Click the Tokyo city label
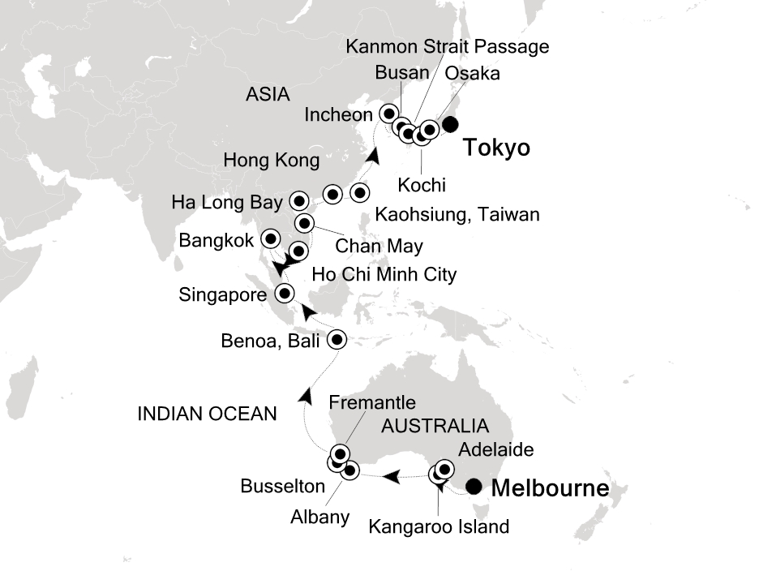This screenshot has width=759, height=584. pyautogui.click(x=496, y=148)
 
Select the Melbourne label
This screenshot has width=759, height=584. pyautogui.click(x=550, y=489)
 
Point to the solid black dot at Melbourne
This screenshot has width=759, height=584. pyautogui.click(x=475, y=487)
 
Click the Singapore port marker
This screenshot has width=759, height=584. pyautogui.click(x=285, y=294)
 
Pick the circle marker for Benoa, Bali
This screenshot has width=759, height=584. pyautogui.click(x=337, y=340)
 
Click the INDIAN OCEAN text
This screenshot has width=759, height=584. pyautogui.click(x=207, y=414)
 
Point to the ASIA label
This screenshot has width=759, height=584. pyautogui.click(x=267, y=95)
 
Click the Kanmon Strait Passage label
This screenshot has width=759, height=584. pyautogui.click(x=447, y=46)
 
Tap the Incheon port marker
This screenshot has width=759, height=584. pyautogui.click(x=390, y=113)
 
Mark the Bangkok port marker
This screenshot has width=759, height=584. pyautogui.click(x=269, y=238)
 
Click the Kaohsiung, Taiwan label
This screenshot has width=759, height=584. pyautogui.click(x=457, y=215)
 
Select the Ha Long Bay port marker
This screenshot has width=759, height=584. pyautogui.click(x=298, y=200)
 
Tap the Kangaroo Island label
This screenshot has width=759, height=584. pyautogui.click(x=439, y=526)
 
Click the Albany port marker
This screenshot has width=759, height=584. pyautogui.click(x=350, y=470)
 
